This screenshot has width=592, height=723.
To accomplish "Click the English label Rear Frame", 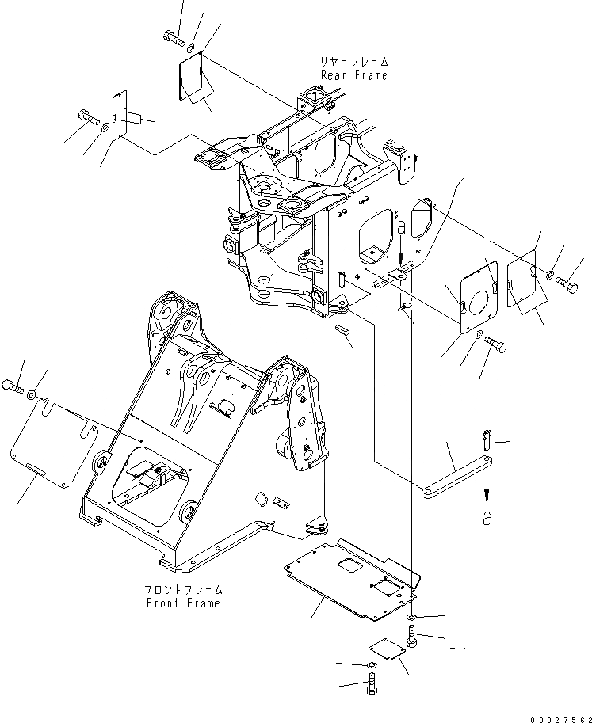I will click(354, 75).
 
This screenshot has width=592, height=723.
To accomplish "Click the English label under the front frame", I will click(184, 603).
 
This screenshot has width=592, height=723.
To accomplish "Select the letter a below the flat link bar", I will click(487, 519).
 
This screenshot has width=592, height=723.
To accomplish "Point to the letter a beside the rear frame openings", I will click(401, 227).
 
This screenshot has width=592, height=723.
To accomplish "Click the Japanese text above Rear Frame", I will click(354, 62).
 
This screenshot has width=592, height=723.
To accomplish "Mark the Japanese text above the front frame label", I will click(184, 590).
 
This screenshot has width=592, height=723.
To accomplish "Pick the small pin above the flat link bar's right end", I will click(487, 436).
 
